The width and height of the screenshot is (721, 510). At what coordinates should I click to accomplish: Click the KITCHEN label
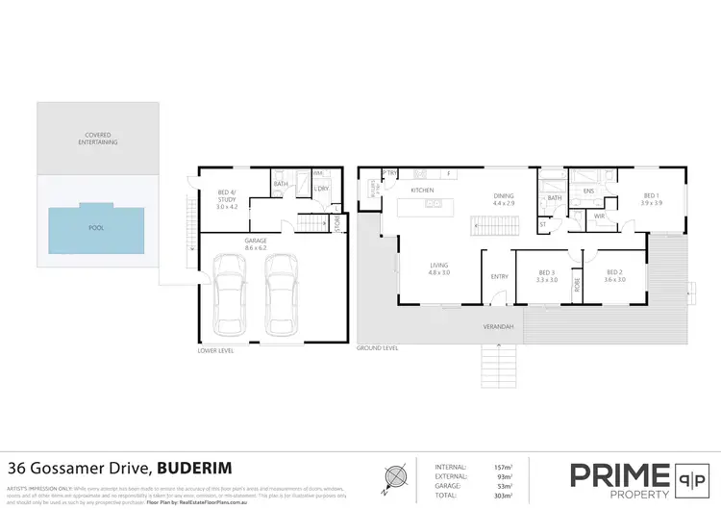pos(423,191)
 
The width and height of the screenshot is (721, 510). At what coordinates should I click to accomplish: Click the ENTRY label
pos(500,276)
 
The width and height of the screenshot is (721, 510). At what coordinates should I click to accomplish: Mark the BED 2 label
pos(615,275)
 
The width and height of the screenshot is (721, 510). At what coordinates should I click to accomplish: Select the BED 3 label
pos(546,275)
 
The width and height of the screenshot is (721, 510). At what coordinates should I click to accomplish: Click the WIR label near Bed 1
pos(598,216)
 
